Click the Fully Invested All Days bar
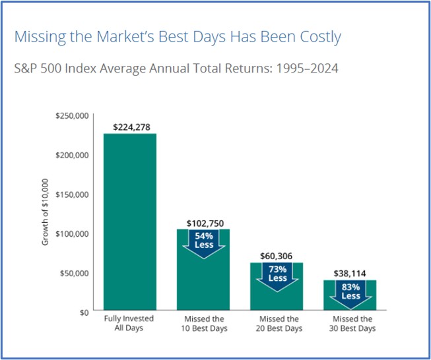click(x=130, y=222)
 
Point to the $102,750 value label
click(x=203, y=223)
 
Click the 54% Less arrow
click(x=203, y=241)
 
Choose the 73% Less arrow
click(x=277, y=274)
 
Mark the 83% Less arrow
click(x=350, y=291)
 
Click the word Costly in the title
click(x=318, y=37)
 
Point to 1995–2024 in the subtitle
click(x=304, y=69)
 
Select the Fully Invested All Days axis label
click(x=130, y=324)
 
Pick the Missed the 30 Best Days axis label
click(x=350, y=324)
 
